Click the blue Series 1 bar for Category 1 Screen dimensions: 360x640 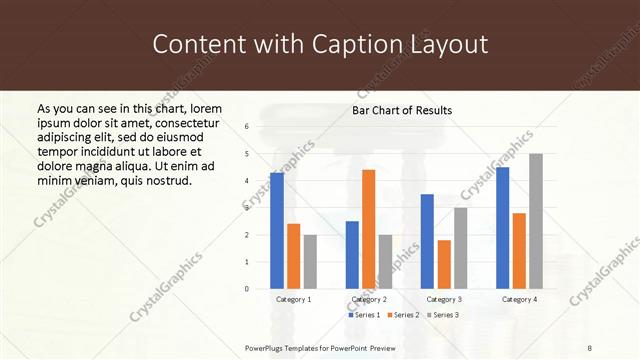point(277,231)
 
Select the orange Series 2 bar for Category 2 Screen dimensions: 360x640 point(368,229)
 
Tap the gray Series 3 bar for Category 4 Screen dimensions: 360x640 point(536,221)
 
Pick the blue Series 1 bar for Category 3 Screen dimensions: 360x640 point(427,241)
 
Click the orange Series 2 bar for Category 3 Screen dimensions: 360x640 point(444,264)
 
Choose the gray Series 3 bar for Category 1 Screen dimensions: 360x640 point(310,262)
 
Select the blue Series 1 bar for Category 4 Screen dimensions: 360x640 point(502,228)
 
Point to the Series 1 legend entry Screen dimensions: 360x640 point(364,315)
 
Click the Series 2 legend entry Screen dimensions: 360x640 point(402,315)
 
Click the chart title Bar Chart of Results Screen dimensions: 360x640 point(402,110)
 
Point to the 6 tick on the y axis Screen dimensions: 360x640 point(247,127)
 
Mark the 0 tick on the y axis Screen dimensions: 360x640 point(247,289)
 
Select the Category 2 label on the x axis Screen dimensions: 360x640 point(369,299)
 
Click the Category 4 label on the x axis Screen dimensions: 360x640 point(518,299)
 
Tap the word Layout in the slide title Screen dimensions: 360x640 point(450,44)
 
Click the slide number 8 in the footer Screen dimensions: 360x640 point(590,347)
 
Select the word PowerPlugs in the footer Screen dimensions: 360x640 point(267,347)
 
